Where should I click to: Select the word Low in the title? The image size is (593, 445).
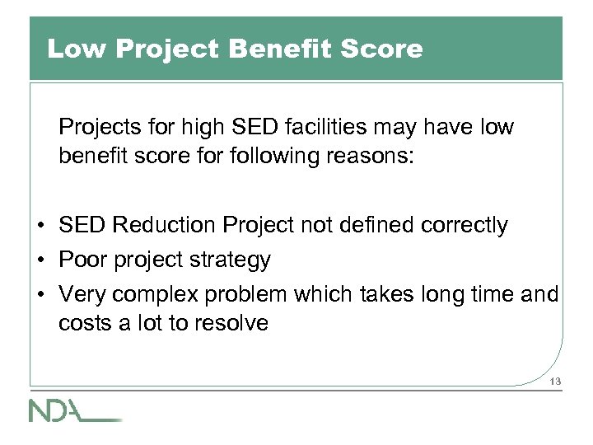click(x=77, y=49)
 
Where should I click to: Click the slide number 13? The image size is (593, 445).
click(x=553, y=381)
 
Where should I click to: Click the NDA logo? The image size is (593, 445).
click(x=74, y=410)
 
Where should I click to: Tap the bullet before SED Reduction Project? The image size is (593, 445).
click(x=40, y=226)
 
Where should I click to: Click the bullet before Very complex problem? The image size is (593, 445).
click(x=40, y=295)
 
